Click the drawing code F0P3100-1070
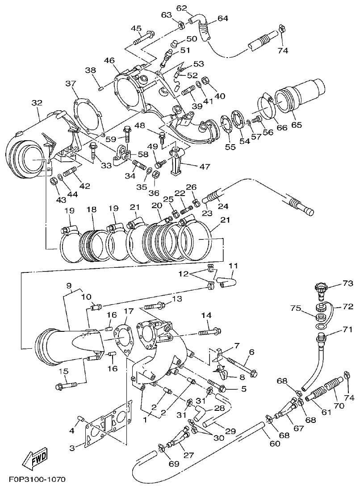coord(38,480)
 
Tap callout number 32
coord(37,103)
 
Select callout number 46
coord(109,60)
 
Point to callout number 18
coord(91,210)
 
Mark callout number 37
coord(70,84)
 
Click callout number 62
coord(181,8)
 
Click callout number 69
coord(174,464)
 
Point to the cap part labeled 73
coord(321,288)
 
